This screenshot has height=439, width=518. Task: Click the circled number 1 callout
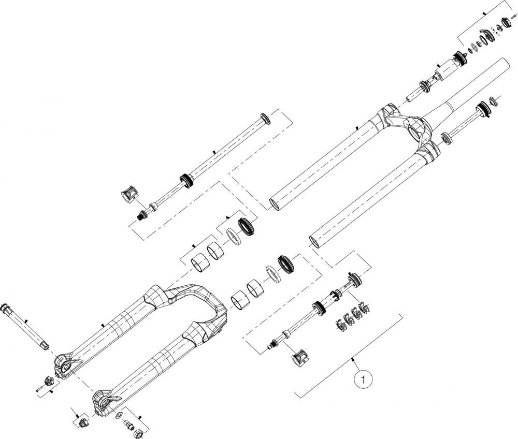[x=364, y=379]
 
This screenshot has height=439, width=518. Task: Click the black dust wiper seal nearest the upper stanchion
[x=247, y=226]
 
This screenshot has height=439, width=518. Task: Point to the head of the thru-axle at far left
[x=6, y=308]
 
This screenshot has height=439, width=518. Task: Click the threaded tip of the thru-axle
[x=45, y=346]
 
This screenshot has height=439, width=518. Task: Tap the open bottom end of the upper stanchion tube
[x=277, y=204]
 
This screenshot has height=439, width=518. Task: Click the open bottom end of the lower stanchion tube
[x=316, y=242]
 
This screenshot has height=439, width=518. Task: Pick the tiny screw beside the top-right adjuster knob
[x=513, y=16]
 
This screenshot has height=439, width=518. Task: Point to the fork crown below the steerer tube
[x=406, y=127]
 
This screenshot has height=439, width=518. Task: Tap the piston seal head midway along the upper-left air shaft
[x=186, y=181]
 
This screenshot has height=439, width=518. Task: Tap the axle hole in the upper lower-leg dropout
[x=65, y=365]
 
